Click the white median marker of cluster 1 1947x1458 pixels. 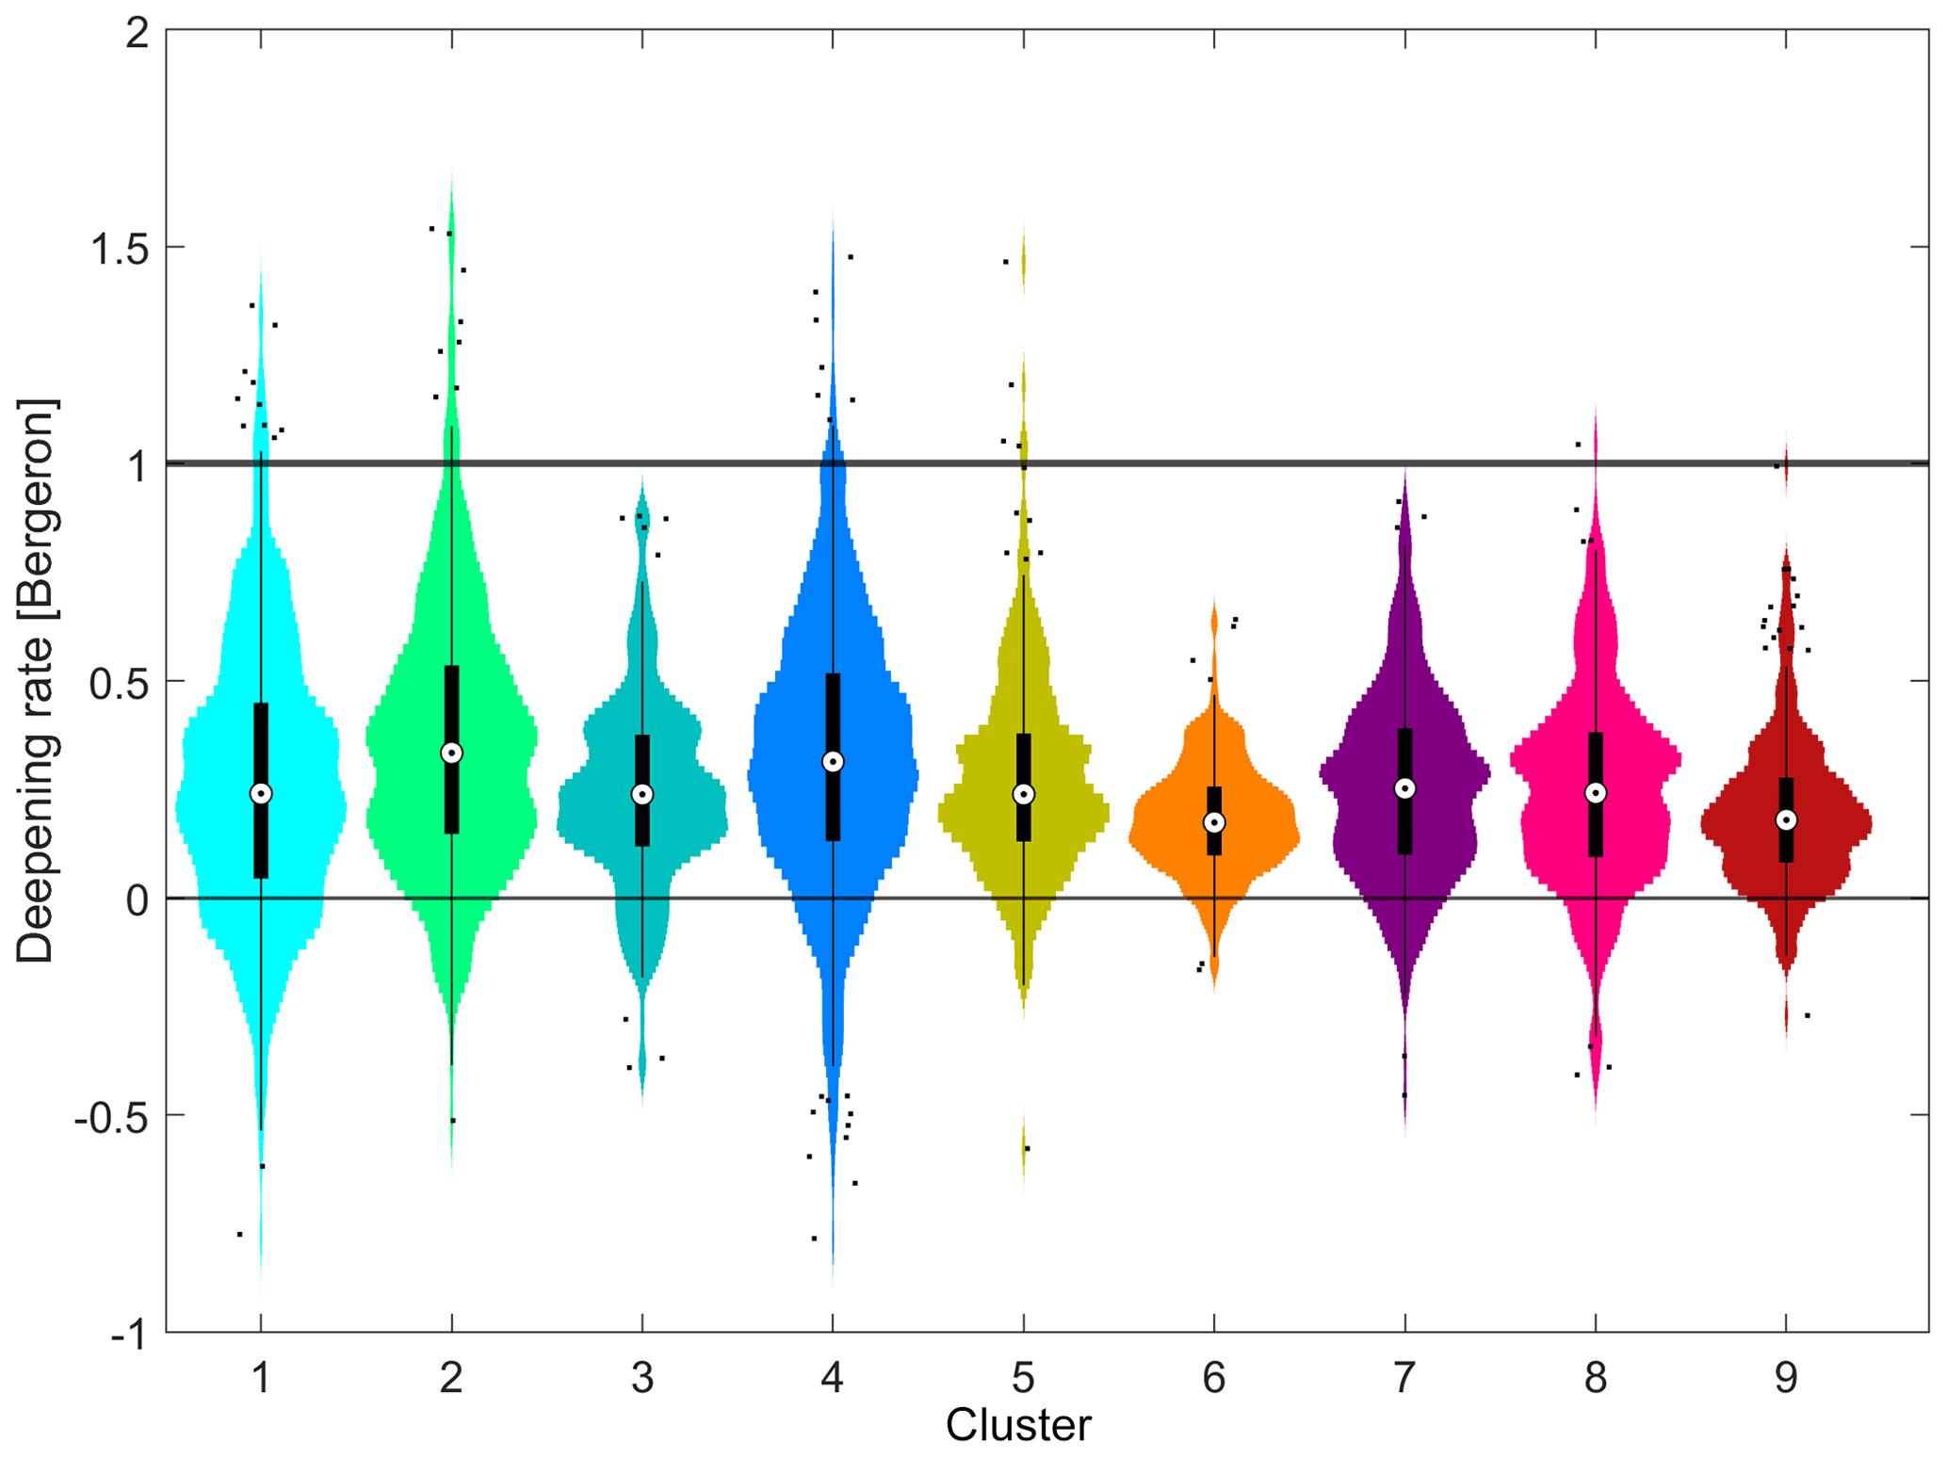point(261,794)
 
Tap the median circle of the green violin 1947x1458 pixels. point(451,753)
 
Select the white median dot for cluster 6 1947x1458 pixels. point(1214,822)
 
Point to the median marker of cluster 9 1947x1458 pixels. point(1786,820)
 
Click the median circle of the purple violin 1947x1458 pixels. point(1404,788)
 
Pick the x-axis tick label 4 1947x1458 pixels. point(832,1378)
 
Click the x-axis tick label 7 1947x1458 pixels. point(1404,1378)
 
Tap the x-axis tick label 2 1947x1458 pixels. point(451,1378)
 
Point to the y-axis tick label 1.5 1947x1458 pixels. point(120,250)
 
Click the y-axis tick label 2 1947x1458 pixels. point(138,34)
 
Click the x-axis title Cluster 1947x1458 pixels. point(1018,1425)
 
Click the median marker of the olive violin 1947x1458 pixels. point(1023,794)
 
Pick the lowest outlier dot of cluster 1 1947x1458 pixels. point(240,1234)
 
